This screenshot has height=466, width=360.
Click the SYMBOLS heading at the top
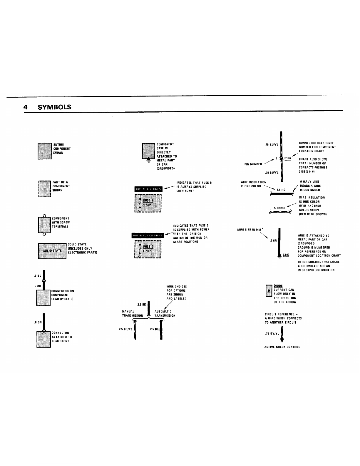pyautogui.click(x=55, y=107)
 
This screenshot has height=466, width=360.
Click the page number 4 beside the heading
pyautogui.click(x=26, y=107)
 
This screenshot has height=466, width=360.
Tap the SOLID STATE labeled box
pyautogui.click(x=52, y=251)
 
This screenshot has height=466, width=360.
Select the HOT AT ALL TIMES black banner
pyautogui.click(x=148, y=189)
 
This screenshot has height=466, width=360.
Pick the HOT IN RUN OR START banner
pyautogui.click(x=148, y=235)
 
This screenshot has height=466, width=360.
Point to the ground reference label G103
pyautogui.click(x=286, y=255)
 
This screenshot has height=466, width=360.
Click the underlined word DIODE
pyautogui.click(x=278, y=285)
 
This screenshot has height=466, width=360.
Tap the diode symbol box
pyautogui.click(x=269, y=291)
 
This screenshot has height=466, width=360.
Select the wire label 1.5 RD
pyautogui.click(x=281, y=190)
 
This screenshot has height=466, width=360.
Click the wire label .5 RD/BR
pyautogui.click(x=279, y=208)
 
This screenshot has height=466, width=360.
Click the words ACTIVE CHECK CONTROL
pyautogui.click(x=282, y=347)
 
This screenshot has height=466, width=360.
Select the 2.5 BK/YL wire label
pyautogui.click(x=125, y=329)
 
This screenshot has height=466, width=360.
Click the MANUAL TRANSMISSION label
pyautogui.click(x=132, y=313)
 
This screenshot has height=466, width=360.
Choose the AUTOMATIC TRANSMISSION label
pyautogui.click(x=165, y=313)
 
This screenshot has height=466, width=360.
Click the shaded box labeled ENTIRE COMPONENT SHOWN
pyautogui.click(x=45, y=151)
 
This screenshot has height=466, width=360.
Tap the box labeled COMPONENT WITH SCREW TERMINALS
pyautogui.click(x=44, y=225)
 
